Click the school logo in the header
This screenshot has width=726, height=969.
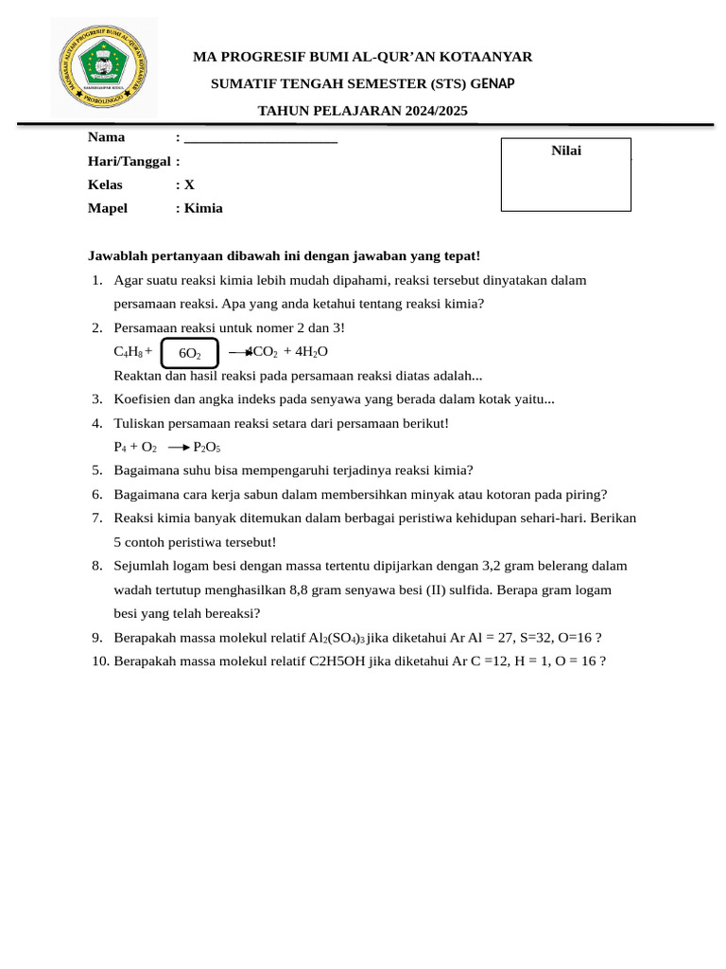point(104,67)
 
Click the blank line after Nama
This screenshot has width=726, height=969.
point(261,138)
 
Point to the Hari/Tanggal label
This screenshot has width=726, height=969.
point(130,161)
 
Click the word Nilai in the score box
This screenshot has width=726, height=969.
point(566,150)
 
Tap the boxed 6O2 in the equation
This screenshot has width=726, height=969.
point(190,353)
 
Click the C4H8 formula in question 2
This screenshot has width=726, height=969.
point(129,352)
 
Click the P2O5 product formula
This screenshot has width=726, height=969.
point(207,448)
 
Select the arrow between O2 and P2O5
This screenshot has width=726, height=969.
point(179,448)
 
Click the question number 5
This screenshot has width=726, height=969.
point(97,470)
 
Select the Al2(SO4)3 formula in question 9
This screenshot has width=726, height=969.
point(337,638)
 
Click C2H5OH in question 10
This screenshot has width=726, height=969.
point(338,661)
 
